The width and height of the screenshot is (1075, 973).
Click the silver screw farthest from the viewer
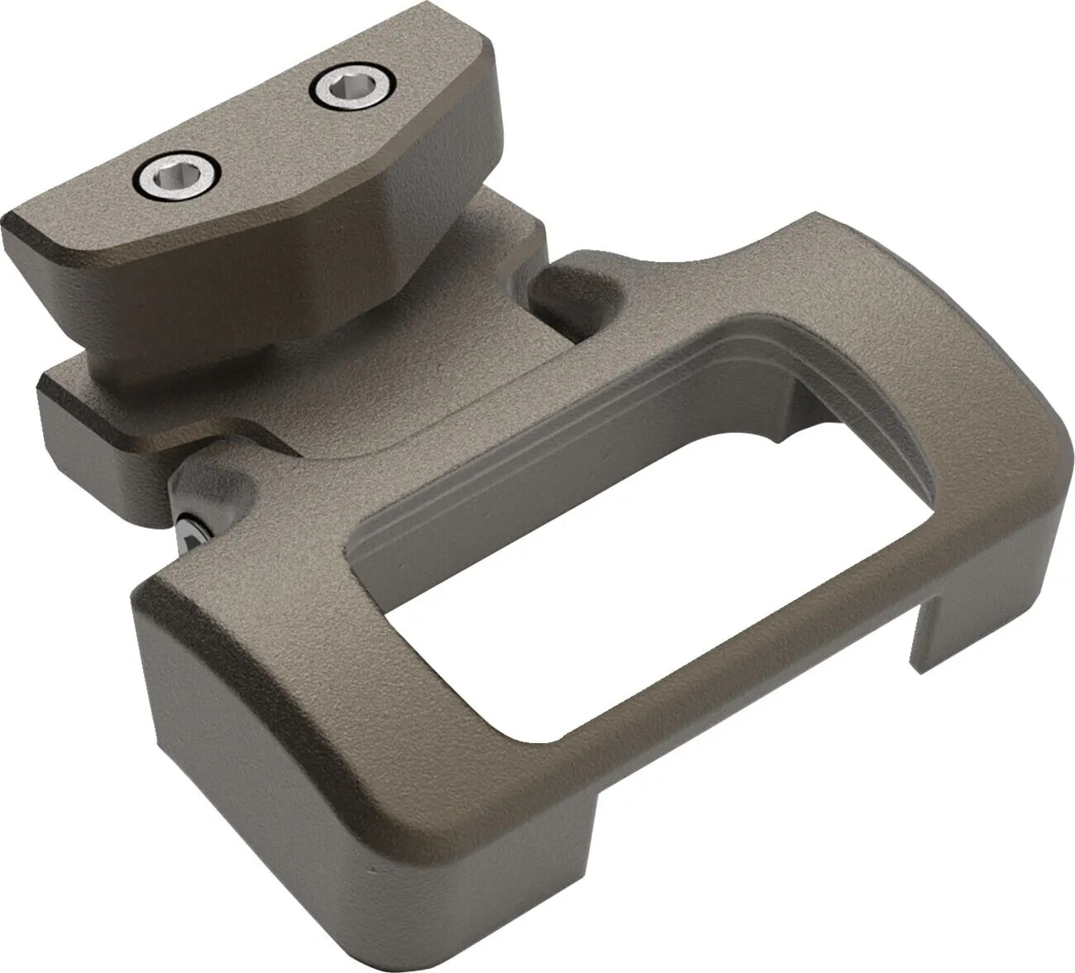pyautogui.click(x=353, y=87)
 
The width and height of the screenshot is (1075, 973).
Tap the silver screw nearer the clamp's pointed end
pyautogui.click(x=179, y=175)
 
